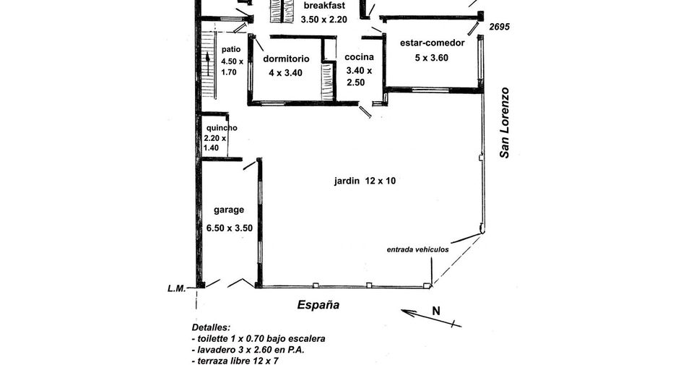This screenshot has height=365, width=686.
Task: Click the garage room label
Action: coord(229,210)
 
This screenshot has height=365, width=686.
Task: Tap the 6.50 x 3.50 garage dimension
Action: coord(229,228)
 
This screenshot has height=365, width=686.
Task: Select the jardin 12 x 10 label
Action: coord(365,181)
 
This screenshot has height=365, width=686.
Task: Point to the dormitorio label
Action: coord(286,59)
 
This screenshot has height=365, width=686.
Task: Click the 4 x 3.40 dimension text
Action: coord(285,73)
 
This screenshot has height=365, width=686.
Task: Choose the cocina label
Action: coord(359,57)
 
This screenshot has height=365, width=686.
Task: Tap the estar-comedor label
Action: coord(433,43)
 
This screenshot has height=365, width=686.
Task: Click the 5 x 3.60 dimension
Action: coord(431,58)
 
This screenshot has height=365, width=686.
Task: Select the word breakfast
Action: coord(324,6)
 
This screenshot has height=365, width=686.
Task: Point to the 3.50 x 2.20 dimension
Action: coord(324,20)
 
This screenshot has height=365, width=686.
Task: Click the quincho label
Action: coord(222,128)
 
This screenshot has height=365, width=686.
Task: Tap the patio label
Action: coord(231,49)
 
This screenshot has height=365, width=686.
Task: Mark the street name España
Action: coord(318,305)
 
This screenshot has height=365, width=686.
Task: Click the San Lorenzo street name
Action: coord(505,123)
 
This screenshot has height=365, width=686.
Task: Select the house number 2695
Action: coord(499,27)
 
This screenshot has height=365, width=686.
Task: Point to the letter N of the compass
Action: coord(435,311)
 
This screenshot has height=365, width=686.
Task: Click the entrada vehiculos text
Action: coord(418,249)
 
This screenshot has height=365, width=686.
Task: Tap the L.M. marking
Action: coord(177,288)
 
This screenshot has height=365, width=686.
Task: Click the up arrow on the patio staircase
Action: coord(208,64)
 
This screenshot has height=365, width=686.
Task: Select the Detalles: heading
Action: coord(211,328)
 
